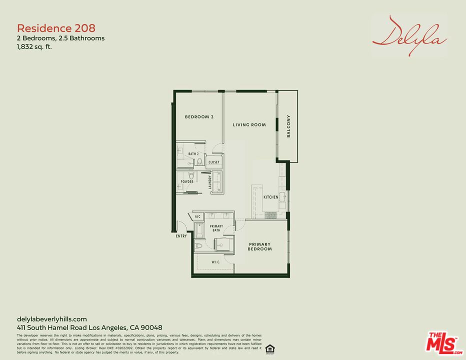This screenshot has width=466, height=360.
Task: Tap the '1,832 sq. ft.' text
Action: point(34,47)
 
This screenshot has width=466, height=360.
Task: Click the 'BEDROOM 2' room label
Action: point(199,117)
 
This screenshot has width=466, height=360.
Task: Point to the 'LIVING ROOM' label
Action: point(249,125)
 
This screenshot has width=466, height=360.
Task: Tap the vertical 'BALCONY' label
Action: point(288,126)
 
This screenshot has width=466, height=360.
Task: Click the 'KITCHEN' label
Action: point(271,197)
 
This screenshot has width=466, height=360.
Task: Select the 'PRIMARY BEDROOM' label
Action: point(260,246)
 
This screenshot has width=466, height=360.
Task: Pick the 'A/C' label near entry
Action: point(197,216)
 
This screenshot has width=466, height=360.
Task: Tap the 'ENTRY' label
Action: point(181,236)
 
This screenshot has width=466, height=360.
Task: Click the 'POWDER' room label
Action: point(187,181)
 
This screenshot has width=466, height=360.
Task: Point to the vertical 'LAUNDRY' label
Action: point(210,182)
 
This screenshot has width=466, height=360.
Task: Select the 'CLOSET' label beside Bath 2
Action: point(214,162)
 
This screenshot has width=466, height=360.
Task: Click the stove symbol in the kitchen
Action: point(270,215)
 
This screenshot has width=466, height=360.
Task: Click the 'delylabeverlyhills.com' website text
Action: point(52,319)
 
